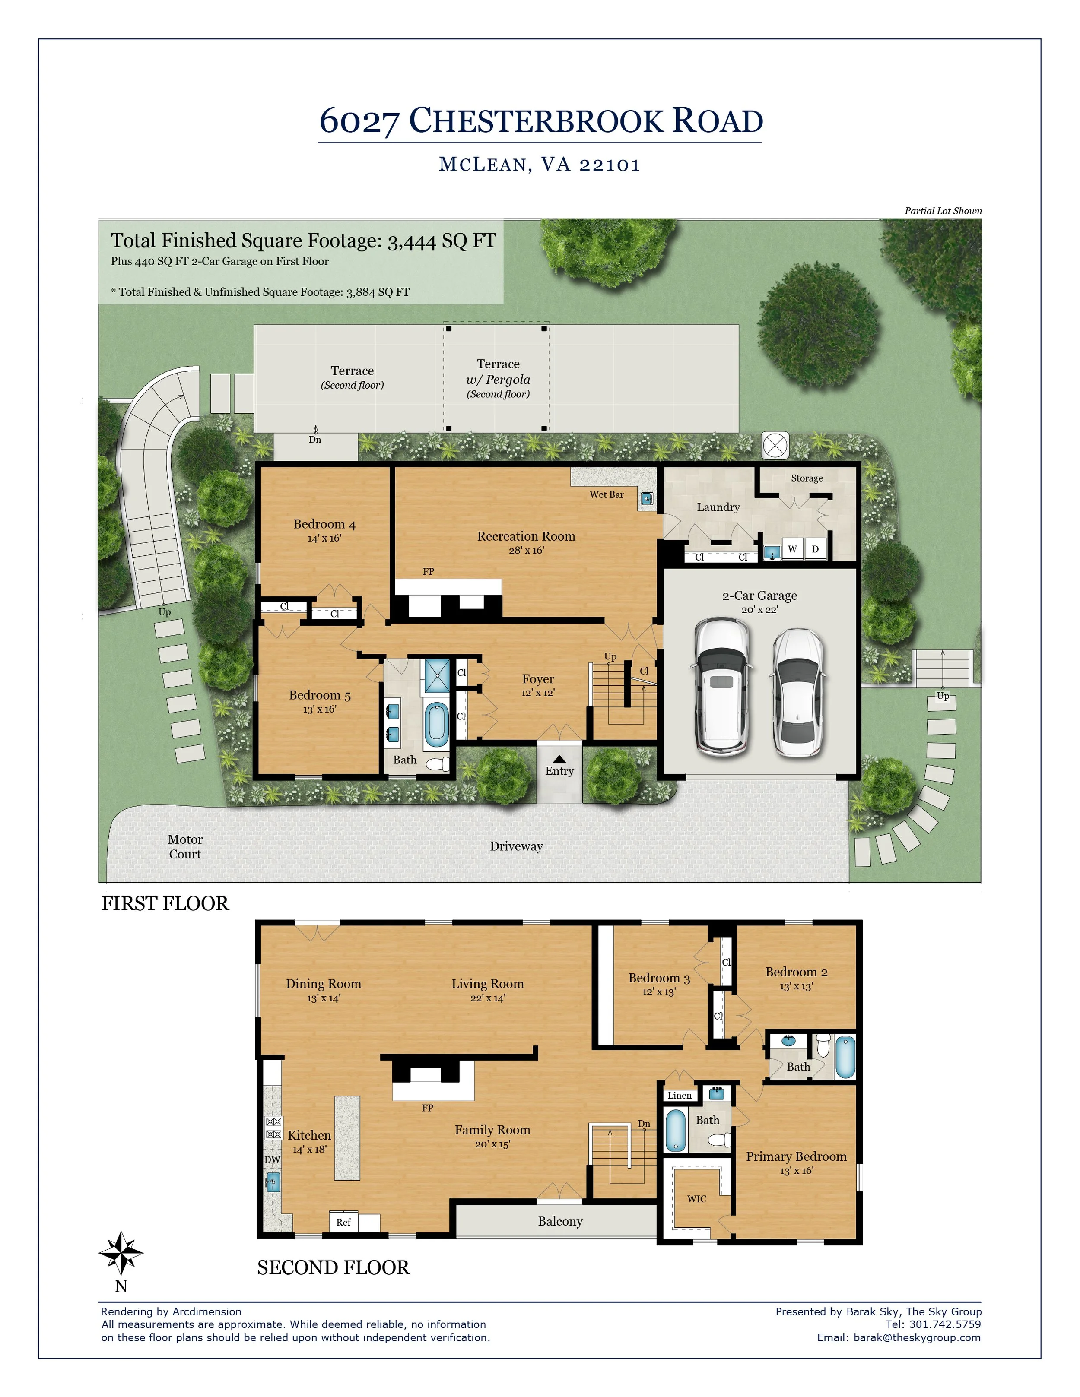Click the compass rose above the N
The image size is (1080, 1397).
click(x=121, y=1252)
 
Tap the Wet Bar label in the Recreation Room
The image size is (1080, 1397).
click(x=607, y=494)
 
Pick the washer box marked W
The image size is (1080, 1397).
click(x=793, y=549)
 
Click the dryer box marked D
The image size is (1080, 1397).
click(x=815, y=549)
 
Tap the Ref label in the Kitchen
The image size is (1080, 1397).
click(x=343, y=1222)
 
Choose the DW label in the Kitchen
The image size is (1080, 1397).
click(x=273, y=1159)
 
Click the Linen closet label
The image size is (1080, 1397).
click(x=680, y=1095)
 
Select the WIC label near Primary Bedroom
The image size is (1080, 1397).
click(x=697, y=1199)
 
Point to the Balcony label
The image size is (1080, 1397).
click(x=560, y=1221)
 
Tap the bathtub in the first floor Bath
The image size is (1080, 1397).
click(x=437, y=725)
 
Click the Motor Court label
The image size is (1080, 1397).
click(x=185, y=846)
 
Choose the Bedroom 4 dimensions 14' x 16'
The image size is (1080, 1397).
click(x=324, y=539)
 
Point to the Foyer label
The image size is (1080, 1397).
click(x=538, y=679)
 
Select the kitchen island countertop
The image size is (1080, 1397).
click(x=347, y=1138)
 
